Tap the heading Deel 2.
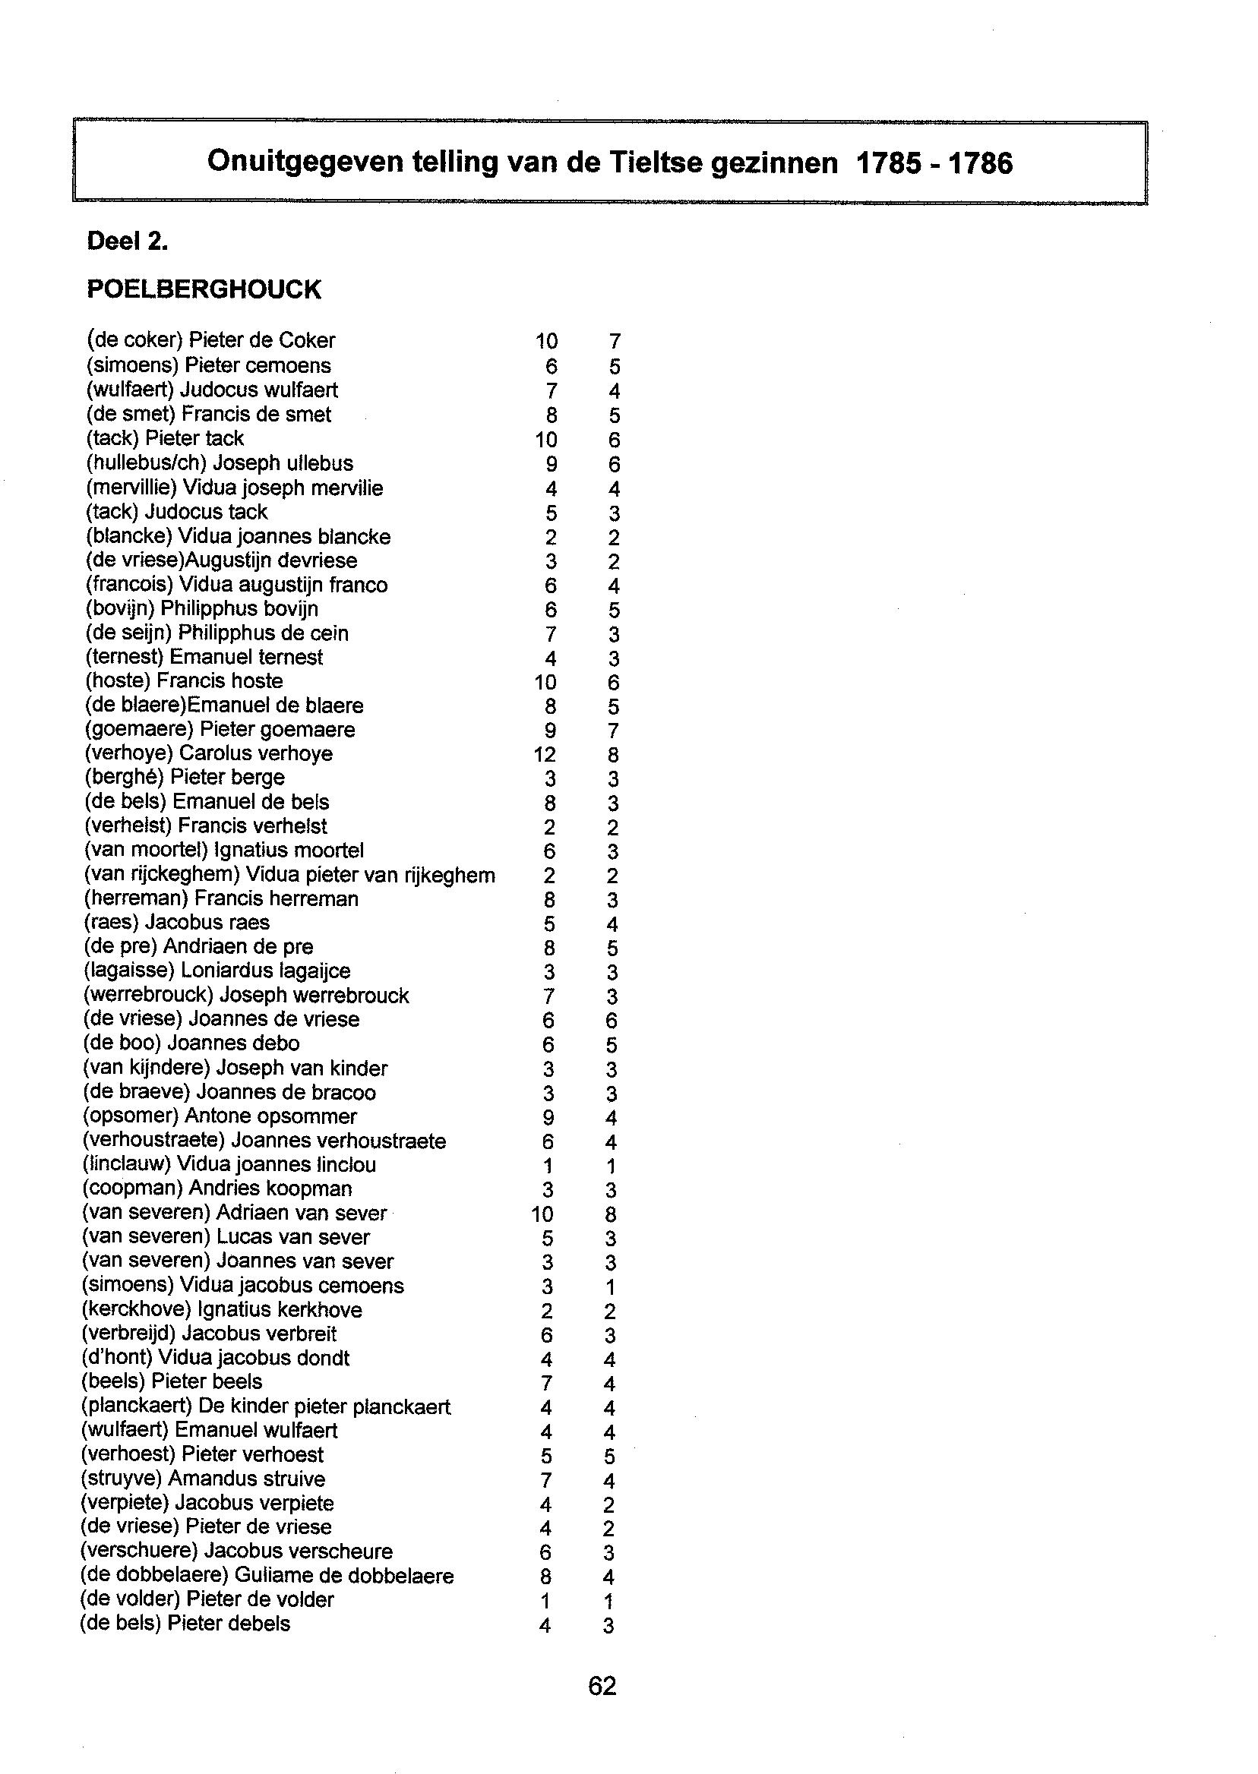pyautogui.click(x=128, y=242)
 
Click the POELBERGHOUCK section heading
pyautogui.click(x=204, y=289)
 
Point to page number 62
pyautogui.click(x=602, y=1686)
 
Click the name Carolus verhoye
pyautogui.click(x=256, y=753)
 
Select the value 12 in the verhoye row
pyautogui.click(x=545, y=754)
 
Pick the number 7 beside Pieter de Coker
pyautogui.click(x=615, y=342)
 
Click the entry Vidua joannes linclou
pyautogui.click(x=277, y=1165)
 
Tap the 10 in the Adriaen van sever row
pyautogui.click(x=543, y=1214)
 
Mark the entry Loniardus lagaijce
pyautogui.click(x=265, y=971)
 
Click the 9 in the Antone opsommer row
pyautogui.click(x=548, y=1117)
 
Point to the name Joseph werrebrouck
pyautogui.click(x=314, y=995)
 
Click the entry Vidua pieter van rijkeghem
pyautogui.click(x=370, y=875)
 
